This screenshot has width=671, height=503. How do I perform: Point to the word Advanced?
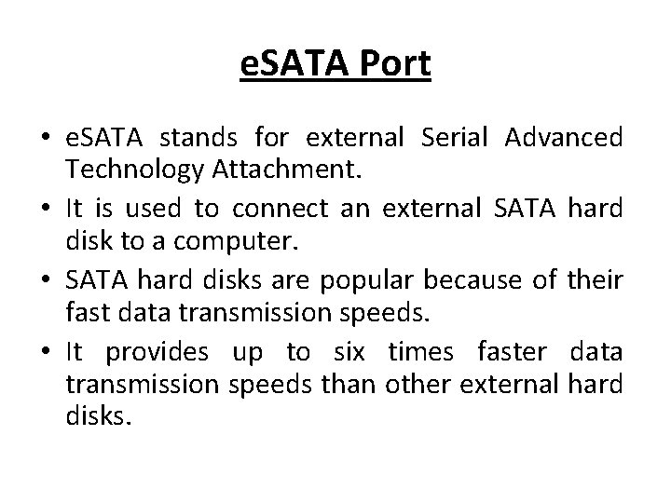tap(563, 140)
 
